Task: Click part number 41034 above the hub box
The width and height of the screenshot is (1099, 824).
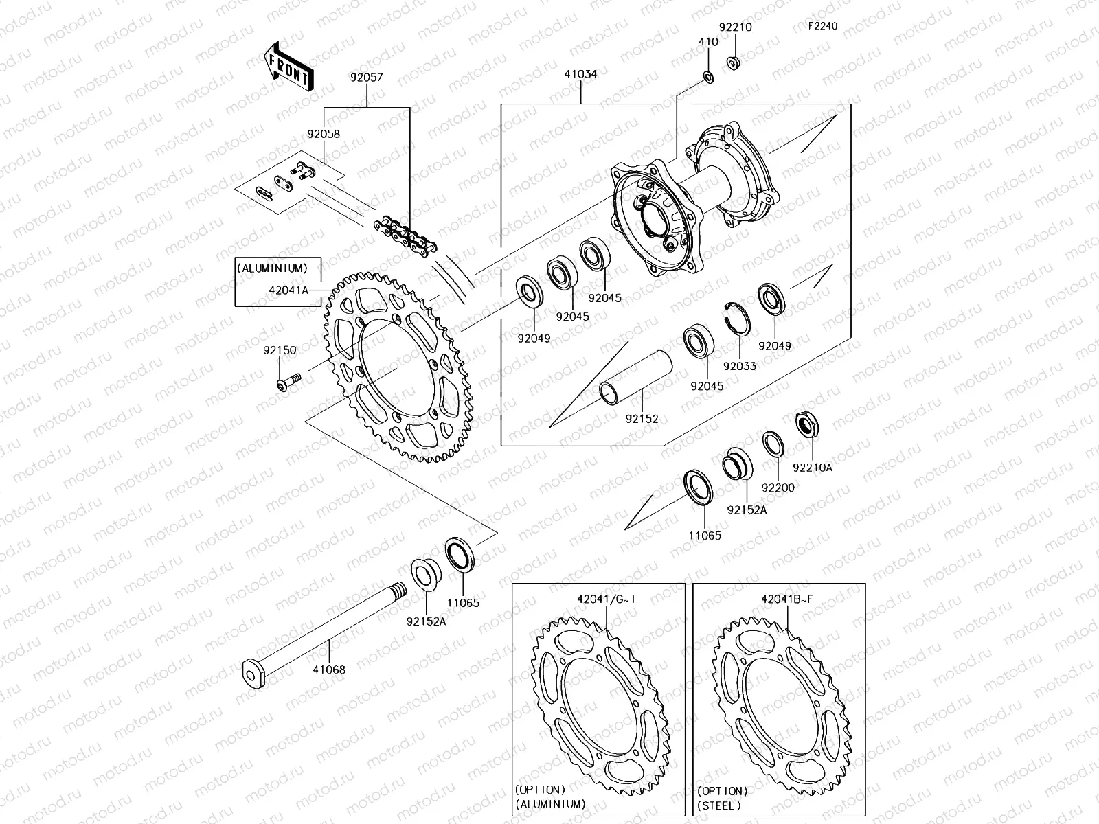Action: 580,73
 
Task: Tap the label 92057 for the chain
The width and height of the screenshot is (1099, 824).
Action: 366,79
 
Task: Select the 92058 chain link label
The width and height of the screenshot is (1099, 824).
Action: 324,135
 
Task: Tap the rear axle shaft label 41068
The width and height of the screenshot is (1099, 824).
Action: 329,669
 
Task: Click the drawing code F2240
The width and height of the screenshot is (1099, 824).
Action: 822,26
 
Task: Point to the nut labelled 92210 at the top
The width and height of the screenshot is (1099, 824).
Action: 734,63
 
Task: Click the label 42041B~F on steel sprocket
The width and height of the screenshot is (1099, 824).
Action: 786,598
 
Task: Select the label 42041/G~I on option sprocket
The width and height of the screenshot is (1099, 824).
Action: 606,598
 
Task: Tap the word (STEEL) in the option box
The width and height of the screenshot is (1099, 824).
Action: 719,805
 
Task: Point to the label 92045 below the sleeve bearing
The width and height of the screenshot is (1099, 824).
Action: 707,386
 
